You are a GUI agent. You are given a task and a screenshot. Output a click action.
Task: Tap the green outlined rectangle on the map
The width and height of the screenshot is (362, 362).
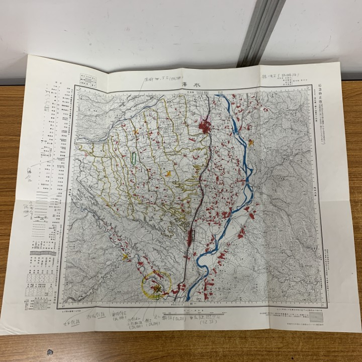tap(134, 157)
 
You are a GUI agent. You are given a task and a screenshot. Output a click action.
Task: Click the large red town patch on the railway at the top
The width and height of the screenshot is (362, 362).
tap(205, 126)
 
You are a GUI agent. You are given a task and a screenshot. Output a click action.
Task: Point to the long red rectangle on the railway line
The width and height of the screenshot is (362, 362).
tap(191, 238)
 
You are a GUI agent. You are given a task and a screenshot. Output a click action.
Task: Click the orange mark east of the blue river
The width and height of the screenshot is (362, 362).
tap(251, 143)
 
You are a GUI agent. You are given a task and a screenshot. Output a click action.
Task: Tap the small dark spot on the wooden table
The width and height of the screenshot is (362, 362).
tap(49, 352)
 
